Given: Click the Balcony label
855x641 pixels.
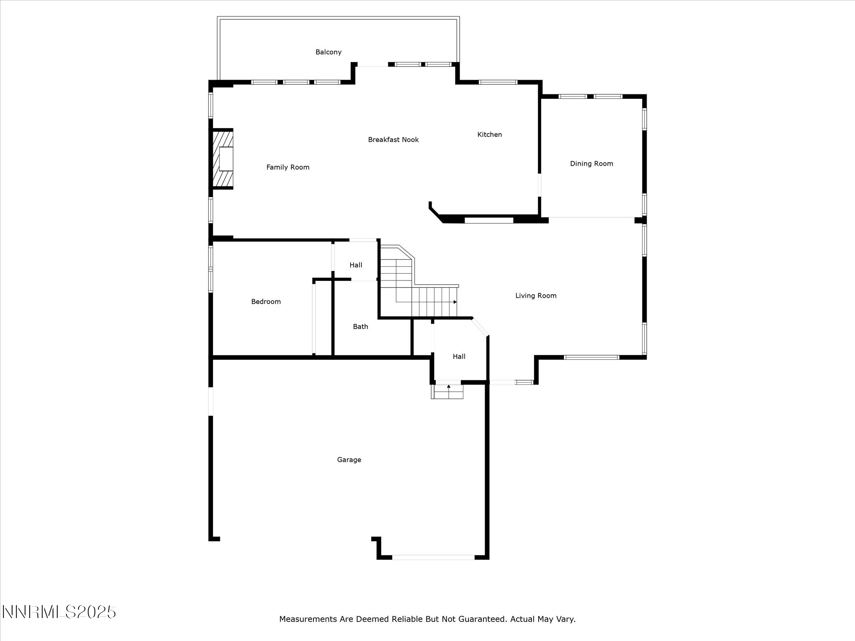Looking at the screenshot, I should pos(328,52).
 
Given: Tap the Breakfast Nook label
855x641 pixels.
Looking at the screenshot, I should pos(393,140).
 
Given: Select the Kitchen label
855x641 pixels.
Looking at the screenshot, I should pos(489,134).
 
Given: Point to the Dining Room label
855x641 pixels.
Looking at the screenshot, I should pos(591,164).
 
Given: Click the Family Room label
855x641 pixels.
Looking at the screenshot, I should pos(288,167).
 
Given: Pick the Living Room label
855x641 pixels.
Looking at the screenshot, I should pos(536,296).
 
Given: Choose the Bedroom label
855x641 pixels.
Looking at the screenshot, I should pos(266,302).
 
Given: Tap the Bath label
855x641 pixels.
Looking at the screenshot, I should pos(360,327).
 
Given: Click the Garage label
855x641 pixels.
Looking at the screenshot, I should pos(349,460).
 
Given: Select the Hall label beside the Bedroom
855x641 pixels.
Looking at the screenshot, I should pos(356,265).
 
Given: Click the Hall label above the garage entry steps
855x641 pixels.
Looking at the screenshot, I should pos(459,356).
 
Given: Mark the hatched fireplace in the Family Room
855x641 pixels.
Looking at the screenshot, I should pos(223,159).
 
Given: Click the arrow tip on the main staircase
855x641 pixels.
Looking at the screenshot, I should pos(455,302).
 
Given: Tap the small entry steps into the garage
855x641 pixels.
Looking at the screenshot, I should pos(448,392).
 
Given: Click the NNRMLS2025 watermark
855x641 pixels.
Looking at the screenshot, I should pos(59,612).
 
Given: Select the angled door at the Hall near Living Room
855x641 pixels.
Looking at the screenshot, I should pos(481,327).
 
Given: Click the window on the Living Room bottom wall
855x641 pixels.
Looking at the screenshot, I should pos(591,357).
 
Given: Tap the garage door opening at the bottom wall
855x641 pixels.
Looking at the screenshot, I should pos(433,557).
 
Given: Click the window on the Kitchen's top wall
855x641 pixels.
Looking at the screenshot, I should pos(498,82).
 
